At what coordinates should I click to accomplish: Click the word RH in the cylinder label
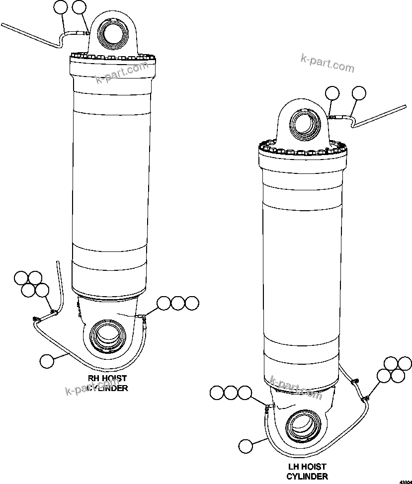94,378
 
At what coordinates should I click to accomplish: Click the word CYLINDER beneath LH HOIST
309,476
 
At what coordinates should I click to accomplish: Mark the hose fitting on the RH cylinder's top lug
86,33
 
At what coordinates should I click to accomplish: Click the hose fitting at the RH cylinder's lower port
143,316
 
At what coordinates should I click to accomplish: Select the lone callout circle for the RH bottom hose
46,361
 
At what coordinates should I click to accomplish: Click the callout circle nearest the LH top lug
332,93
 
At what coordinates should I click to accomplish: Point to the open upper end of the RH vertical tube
58,262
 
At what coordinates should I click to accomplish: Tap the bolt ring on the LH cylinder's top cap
302,147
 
